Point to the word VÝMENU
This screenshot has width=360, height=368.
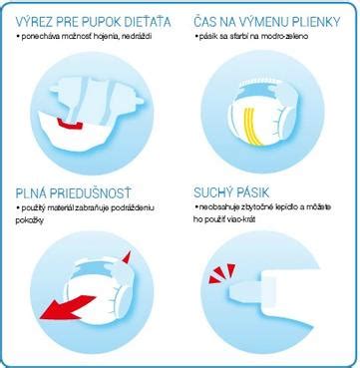click(259, 20)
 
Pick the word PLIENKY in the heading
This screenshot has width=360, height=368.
click(316, 20)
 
